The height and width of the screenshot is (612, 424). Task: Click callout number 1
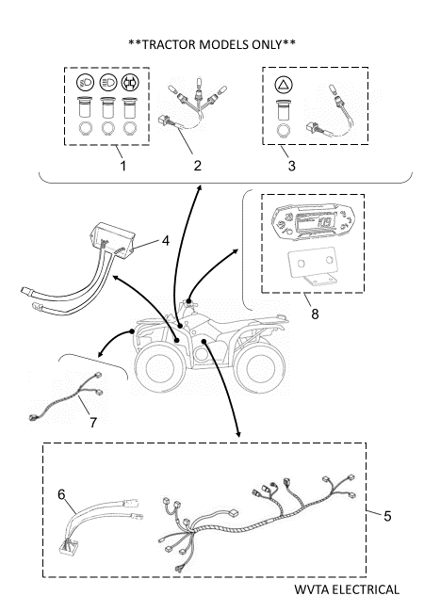(123, 166)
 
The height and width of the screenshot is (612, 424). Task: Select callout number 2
(198, 166)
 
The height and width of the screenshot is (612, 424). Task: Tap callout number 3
(292, 166)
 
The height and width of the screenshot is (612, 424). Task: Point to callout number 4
(166, 241)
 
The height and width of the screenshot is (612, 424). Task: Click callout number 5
(387, 516)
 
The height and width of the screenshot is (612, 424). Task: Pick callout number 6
(61, 494)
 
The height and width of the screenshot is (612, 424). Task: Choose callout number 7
(93, 423)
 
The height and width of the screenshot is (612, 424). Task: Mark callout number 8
(315, 314)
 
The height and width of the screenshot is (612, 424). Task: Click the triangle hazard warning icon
(284, 85)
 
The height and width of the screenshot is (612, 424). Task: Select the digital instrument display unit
(313, 221)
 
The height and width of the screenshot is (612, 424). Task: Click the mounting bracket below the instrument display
(312, 267)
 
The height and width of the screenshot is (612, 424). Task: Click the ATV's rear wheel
(262, 368)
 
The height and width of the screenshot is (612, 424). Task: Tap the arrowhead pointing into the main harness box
(238, 434)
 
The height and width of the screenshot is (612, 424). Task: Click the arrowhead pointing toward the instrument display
(235, 251)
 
